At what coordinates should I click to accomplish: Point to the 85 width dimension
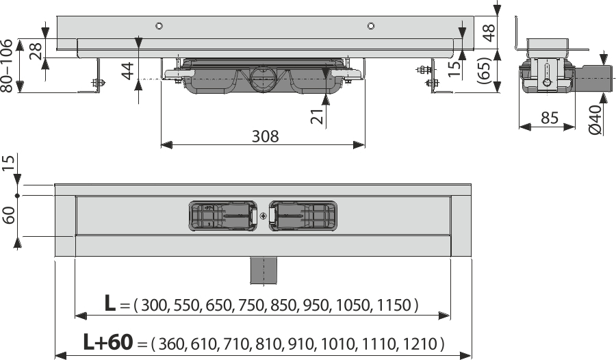(x=548, y=118)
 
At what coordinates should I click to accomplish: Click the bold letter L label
(x=110, y=305)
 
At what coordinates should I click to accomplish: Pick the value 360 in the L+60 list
(x=171, y=343)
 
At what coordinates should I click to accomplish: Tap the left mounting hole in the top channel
(x=159, y=27)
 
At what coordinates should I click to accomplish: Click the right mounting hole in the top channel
(x=370, y=27)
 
